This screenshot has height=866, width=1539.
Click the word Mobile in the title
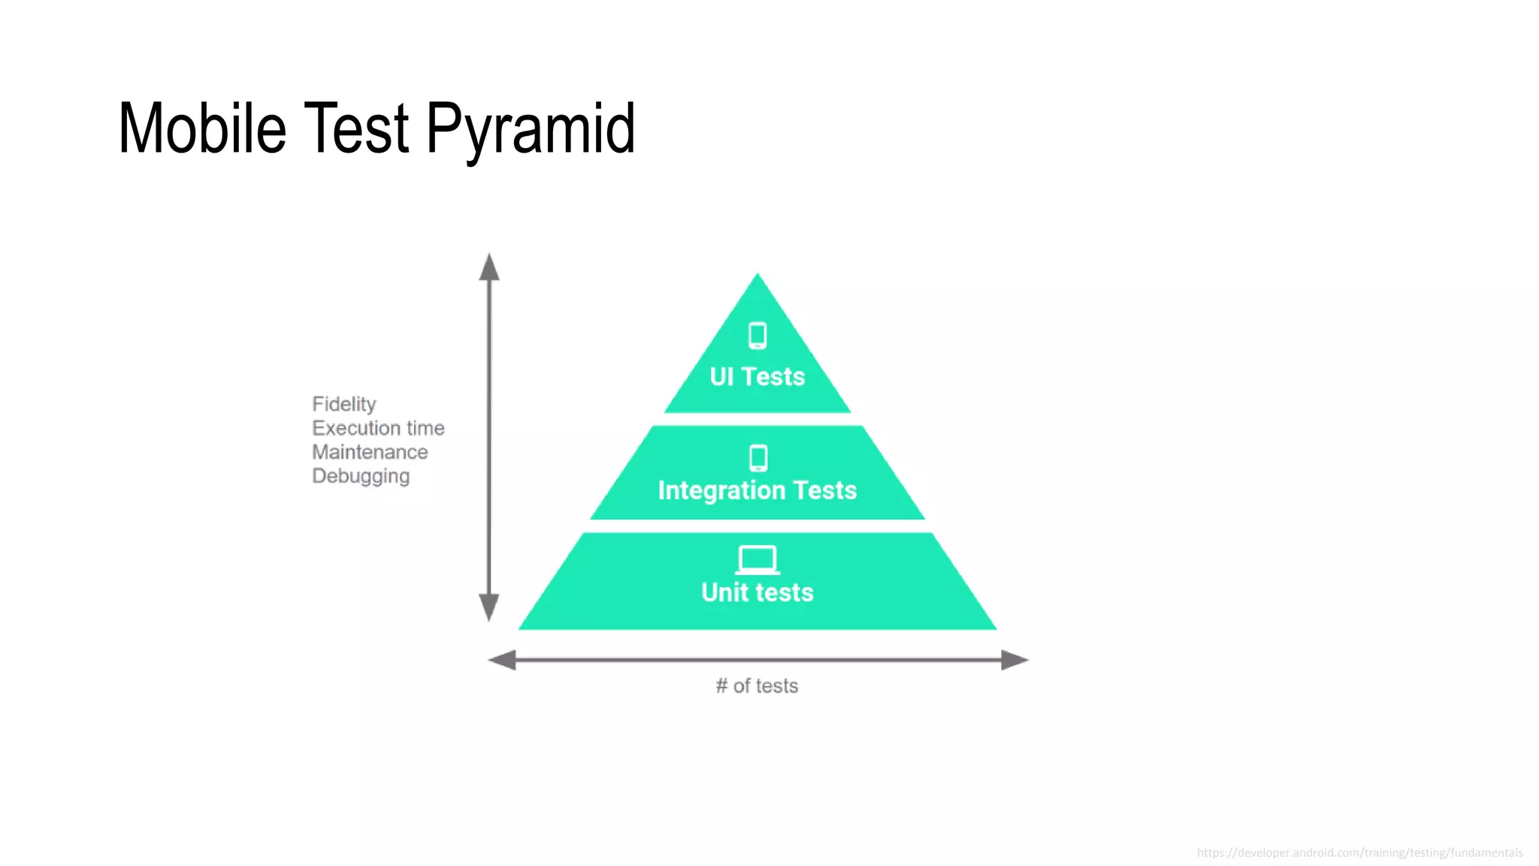[x=202, y=129]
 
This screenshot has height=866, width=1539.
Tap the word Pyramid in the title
[x=531, y=129]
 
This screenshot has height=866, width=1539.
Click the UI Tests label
[x=757, y=377]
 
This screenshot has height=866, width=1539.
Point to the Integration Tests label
[x=757, y=490]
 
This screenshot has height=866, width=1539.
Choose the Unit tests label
[x=757, y=592]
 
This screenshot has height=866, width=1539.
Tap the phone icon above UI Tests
[x=757, y=335]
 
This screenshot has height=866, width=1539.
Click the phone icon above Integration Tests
[x=758, y=457]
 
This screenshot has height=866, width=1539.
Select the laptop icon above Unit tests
[x=757, y=560]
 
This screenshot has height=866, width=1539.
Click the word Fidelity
[x=344, y=404]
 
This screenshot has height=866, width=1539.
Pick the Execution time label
[x=378, y=428]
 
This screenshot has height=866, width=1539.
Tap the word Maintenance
[x=370, y=453]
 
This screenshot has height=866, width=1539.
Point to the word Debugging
[x=361, y=477]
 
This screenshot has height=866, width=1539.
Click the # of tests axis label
[x=757, y=686]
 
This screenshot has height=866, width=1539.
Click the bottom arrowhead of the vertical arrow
[x=489, y=607]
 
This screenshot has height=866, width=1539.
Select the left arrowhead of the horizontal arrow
[x=502, y=660]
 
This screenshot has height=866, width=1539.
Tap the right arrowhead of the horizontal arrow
[x=1014, y=660]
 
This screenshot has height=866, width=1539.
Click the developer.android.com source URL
[x=1359, y=852]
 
